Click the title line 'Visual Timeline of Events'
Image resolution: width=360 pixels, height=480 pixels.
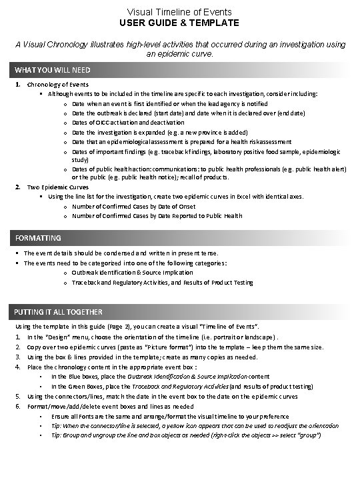click(x=180, y=11)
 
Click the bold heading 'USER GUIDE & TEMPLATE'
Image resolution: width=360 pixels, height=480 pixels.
click(x=180, y=23)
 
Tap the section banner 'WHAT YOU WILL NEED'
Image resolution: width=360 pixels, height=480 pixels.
click(x=53, y=70)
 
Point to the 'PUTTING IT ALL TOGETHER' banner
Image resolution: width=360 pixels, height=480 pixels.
click(x=59, y=312)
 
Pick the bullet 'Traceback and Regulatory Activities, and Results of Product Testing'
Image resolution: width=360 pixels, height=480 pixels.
click(x=163, y=283)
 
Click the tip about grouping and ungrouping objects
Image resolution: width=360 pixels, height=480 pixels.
click(x=186, y=435)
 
